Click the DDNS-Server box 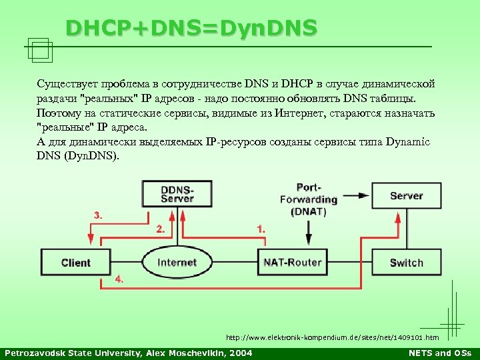coord(177,194)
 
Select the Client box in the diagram coord(75,263)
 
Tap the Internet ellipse coord(177,263)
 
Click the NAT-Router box coord(292,263)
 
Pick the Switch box coord(406,263)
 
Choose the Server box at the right coord(406,195)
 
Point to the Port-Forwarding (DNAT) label coord(308,199)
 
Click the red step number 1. coord(261,229)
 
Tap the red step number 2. coord(160,229)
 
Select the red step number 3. coord(98,215)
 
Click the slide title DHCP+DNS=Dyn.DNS coord(191,28)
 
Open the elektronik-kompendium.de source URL coord(332,337)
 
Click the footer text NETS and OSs coord(439,353)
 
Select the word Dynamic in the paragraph coord(406,142)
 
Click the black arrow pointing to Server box coord(361,195)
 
